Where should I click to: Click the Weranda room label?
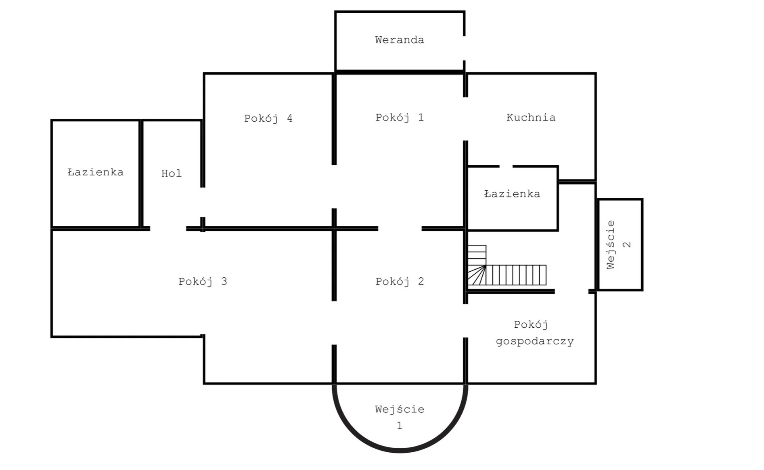(x=399, y=40)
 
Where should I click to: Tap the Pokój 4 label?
(x=268, y=119)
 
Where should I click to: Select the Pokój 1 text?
(x=399, y=118)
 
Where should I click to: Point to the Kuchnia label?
(x=531, y=118)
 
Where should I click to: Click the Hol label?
(x=171, y=174)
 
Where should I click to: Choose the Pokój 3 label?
(x=203, y=281)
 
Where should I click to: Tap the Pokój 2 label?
(x=399, y=281)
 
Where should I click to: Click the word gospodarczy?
(x=534, y=341)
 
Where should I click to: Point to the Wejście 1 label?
(x=399, y=417)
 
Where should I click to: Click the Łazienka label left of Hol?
(x=95, y=173)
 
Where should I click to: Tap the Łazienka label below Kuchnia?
(x=512, y=194)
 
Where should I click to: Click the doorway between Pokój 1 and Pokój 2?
(x=400, y=229)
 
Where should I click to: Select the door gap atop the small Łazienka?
(x=506, y=166)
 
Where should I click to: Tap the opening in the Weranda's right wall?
(x=464, y=48)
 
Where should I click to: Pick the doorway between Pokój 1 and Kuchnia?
(x=465, y=119)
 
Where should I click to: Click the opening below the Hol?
(x=168, y=229)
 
